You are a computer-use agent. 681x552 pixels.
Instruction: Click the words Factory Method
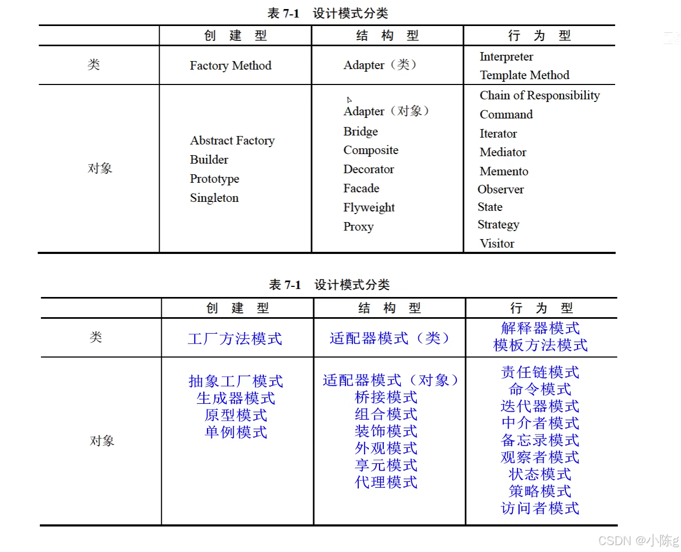[230, 65]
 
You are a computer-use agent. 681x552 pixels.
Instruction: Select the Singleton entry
[214, 198]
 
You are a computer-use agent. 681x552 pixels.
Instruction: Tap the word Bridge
[360, 131]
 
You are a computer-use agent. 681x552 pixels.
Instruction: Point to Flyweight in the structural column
[369, 207]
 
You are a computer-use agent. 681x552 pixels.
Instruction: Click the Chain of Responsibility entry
[539, 96]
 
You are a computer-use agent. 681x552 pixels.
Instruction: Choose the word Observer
[501, 190]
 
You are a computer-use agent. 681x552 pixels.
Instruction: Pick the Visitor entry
[497, 243]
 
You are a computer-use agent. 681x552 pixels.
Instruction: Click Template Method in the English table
[524, 75]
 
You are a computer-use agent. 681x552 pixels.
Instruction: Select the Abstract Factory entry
[232, 140]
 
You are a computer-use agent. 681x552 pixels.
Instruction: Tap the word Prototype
[214, 179]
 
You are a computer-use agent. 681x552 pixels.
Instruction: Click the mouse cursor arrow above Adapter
[349, 100]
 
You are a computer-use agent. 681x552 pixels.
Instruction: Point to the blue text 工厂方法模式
[235, 338]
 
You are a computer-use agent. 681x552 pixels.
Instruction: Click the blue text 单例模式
[236, 432]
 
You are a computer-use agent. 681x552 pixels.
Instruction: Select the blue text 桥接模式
[386, 397]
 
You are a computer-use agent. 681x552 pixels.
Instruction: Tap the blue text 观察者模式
[540, 457]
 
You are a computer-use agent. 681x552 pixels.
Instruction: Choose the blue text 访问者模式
[540, 508]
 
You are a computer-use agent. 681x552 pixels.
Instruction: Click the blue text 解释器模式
[540, 328]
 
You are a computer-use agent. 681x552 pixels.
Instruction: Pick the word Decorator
[368, 169]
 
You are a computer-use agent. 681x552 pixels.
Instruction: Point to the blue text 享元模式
[386, 465]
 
